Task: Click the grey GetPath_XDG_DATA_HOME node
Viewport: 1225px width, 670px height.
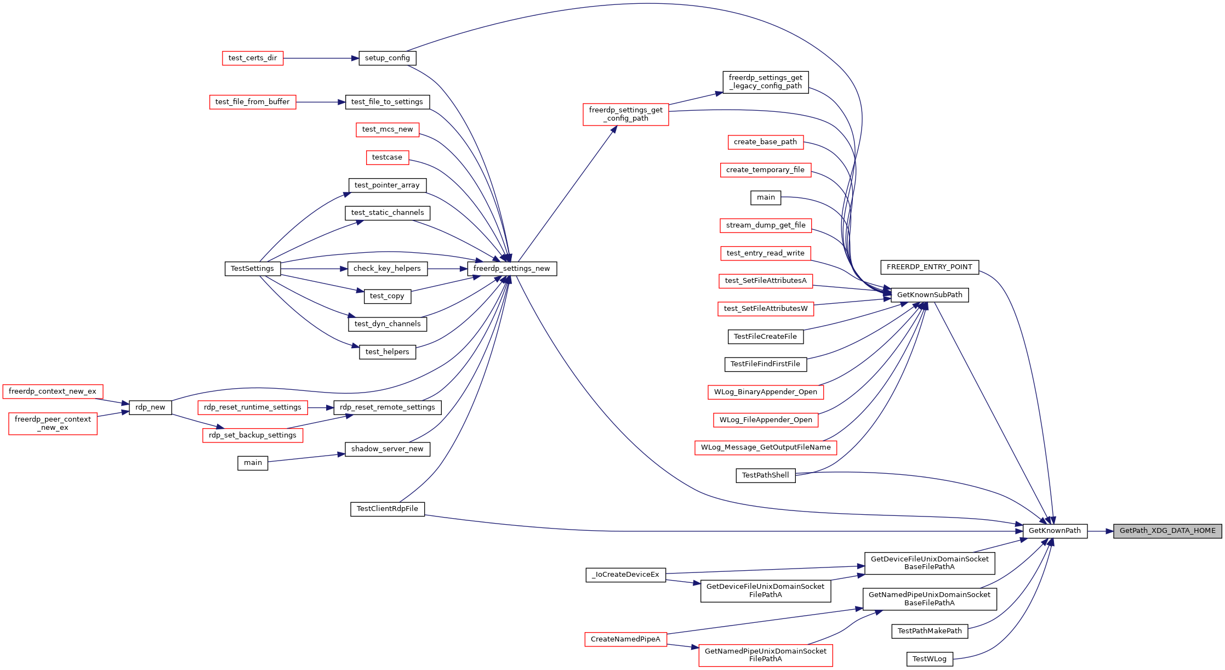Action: point(1167,531)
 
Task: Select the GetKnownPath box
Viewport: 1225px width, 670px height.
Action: point(1055,531)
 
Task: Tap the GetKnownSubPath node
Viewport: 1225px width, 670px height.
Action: point(930,295)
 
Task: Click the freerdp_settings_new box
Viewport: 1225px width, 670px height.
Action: point(512,269)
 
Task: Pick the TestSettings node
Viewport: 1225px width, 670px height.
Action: point(253,269)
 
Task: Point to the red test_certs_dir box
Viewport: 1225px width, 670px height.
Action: point(253,58)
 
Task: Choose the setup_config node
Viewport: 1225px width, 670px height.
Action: point(388,58)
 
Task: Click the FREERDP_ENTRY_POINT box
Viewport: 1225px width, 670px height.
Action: point(930,267)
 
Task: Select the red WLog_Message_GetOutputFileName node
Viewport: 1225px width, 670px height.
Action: point(766,447)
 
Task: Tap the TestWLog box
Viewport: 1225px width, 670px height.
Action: point(930,659)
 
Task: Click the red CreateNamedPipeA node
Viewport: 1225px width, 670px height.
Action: point(626,639)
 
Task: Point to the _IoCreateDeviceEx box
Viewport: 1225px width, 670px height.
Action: point(626,575)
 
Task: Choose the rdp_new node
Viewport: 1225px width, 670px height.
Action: point(150,407)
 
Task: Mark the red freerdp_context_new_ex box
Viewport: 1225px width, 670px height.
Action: point(53,391)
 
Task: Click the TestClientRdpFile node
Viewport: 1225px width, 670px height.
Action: point(388,509)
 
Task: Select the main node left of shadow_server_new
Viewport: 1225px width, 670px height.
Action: point(253,463)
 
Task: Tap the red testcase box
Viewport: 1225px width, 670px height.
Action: point(387,157)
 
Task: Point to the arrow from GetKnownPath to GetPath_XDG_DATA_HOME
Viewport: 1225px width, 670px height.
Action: point(1101,531)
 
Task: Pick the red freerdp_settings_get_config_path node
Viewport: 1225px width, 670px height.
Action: point(626,114)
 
